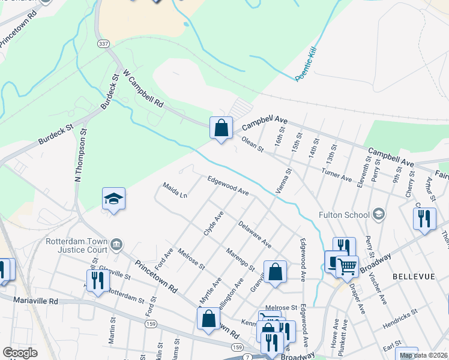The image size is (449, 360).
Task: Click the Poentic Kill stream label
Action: [306, 62]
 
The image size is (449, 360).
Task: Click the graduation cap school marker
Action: [113, 199]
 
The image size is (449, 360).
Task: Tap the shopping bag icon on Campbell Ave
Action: [221, 128]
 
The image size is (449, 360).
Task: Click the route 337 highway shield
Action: [103, 44]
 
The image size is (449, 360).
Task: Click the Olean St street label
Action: [253, 143]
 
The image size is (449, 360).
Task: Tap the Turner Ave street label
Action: [337, 175]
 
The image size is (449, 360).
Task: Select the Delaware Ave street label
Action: [255, 235]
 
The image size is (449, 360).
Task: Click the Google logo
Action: [20, 353]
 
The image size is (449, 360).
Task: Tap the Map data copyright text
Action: [423, 355]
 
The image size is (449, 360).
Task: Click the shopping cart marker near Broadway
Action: [347, 266]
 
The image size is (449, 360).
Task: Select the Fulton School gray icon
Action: [379, 213]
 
